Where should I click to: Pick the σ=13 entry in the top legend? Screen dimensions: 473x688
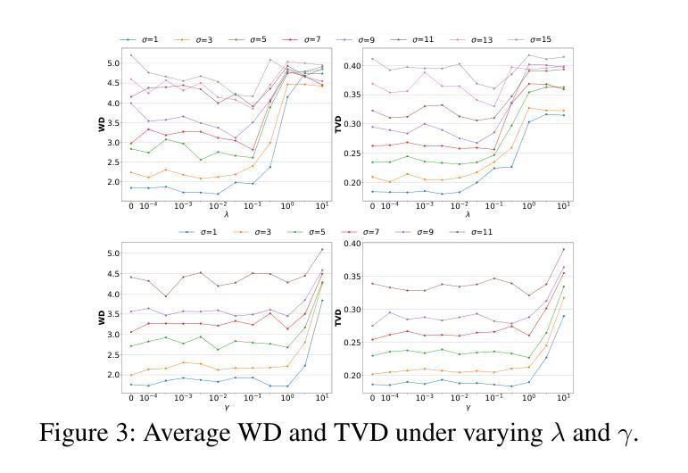point(482,40)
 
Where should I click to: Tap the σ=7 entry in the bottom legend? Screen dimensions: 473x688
point(369,231)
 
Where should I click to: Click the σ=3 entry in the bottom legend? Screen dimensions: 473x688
point(259,231)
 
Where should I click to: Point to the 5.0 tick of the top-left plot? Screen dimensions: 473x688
point(112,63)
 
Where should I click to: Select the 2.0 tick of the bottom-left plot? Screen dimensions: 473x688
point(112,375)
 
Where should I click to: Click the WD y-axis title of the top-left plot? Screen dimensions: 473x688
point(102,123)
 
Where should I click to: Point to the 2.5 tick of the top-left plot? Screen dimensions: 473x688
point(112,162)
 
